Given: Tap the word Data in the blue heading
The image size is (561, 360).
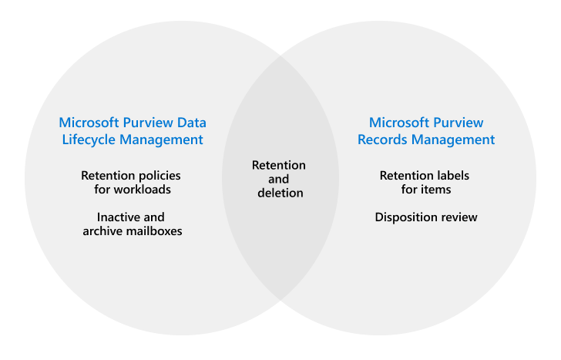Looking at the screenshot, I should coord(193,123).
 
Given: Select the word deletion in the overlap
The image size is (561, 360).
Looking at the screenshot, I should coord(280,193).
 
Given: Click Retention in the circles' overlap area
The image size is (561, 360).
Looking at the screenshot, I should coord(279,165).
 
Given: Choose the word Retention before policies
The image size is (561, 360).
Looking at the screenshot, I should coord(106,176).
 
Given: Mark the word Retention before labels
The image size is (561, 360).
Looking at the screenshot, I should coord(407,176).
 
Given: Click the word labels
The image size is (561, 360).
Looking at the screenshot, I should coord(453,176).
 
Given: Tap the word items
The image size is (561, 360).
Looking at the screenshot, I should coord(435,189).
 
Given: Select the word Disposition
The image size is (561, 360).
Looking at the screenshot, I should coord(407,217).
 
